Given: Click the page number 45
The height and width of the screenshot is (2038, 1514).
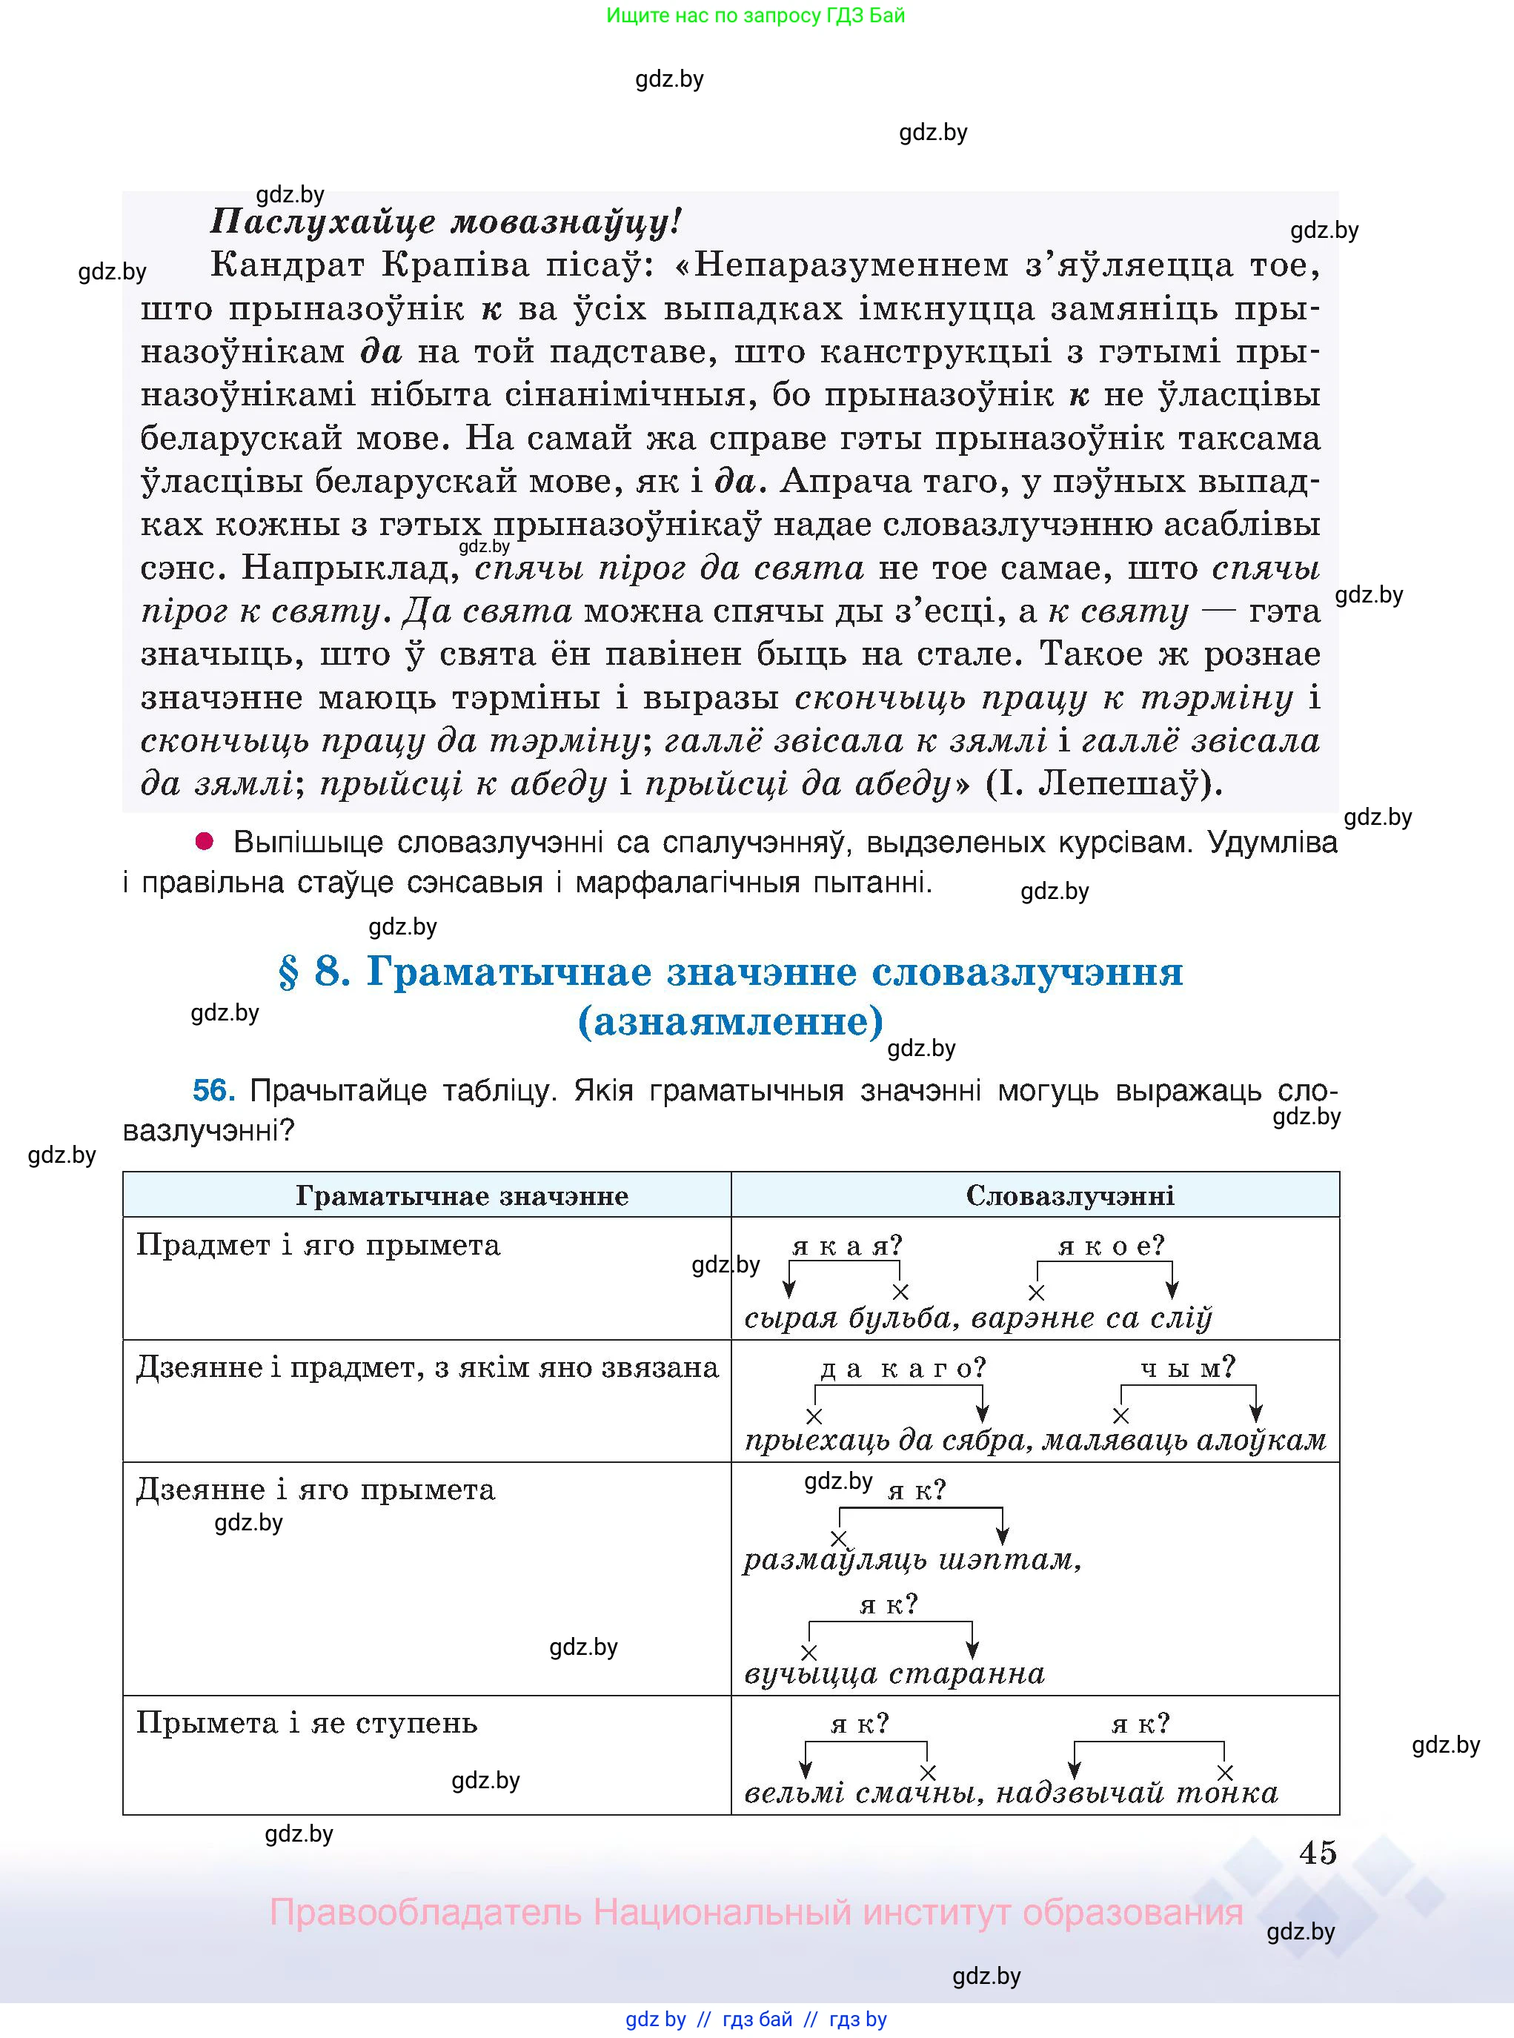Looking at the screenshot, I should point(1317,1853).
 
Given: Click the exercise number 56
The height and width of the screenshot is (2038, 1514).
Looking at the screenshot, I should point(213,1090).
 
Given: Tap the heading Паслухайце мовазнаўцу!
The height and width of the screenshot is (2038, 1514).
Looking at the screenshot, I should point(446,221).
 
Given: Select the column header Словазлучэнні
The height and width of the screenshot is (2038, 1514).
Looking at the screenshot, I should point(1069,1196).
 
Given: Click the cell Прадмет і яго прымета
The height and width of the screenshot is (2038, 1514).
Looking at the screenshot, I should point(318,1245).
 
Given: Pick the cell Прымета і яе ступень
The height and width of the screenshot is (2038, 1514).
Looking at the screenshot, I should point(307,1723).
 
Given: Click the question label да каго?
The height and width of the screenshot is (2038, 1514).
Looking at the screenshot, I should point(903,1368).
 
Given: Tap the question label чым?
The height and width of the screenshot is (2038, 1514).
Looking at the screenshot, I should point(1188,1368).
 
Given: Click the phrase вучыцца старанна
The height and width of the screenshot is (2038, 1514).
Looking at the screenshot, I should point(894,1674).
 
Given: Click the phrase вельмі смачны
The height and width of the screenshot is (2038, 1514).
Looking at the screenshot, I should point(859,1793).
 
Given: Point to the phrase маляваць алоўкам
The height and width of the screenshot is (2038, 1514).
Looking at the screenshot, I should point(1184,1441).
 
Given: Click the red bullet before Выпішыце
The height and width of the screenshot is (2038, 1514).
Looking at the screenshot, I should point(205,840).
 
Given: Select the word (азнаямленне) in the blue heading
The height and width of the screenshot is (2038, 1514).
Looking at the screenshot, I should point(731,1020).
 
